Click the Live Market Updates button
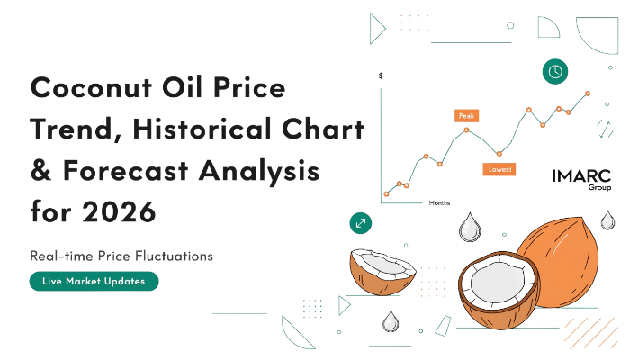click(x=94, y=281)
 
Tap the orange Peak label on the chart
click(x=466, y=116)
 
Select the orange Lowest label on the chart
click(x=499, y=169)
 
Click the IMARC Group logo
click(x=581, y=180)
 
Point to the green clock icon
click(x=555, y=71)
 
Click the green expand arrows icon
click(x=361, y=223)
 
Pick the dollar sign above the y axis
click(x=381, y=76)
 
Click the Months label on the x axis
click(x=439, y=202)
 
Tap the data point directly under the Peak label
click(x=466, y=130)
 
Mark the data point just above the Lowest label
click(x=499, y=154)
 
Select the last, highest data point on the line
click(x=588, y=94)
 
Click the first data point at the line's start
click(x=386, y=194)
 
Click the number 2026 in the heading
click(x=119, y=211)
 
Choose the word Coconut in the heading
click(x=91, y=87)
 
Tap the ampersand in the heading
click(x=40, y=170)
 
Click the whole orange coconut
click(x=559, y=262)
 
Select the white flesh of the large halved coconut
click(x=499, y=283)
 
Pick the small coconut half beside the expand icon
click(x=382, y=272)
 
